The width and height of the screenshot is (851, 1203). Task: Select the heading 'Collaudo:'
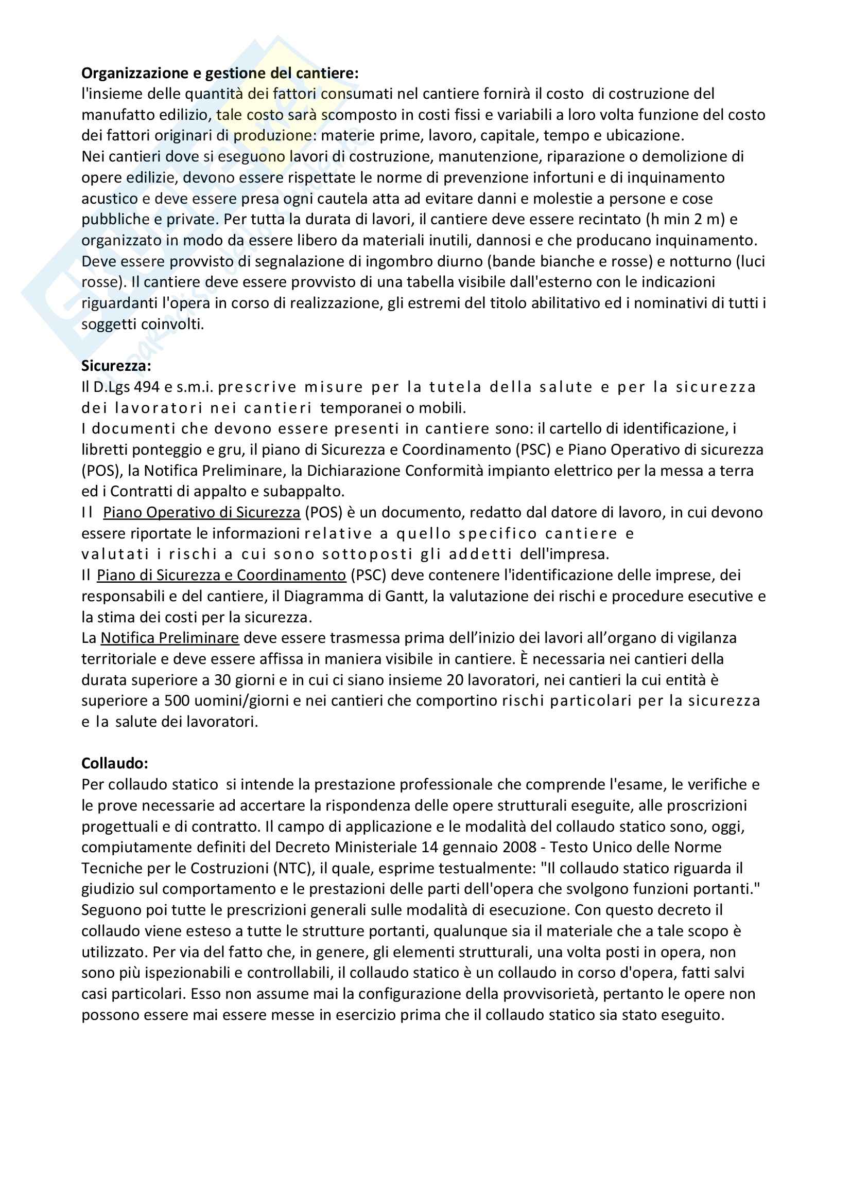point(114,763)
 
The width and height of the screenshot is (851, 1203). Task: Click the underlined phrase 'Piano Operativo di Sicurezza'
point(201,512)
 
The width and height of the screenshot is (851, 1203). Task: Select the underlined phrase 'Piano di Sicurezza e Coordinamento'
point(221,576)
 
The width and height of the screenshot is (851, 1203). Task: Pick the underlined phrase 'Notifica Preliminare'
point(170,638)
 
